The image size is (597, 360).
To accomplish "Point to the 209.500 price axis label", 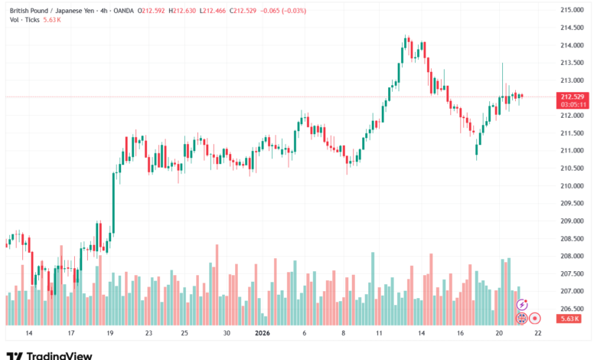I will point(572,203).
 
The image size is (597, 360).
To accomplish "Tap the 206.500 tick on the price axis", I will point(572,309).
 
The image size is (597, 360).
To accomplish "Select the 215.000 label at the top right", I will point(572,10).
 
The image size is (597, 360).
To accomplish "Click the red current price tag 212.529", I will point(573,97).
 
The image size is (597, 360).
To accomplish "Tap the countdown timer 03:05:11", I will point(573,104).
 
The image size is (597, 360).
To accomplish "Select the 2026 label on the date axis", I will point(263,333).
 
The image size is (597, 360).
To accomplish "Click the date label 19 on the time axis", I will point(109,333).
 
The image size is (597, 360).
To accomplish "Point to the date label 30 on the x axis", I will point(227,333).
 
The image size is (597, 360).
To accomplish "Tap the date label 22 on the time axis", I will point(538,333).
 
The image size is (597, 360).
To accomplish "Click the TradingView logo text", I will point(59,355).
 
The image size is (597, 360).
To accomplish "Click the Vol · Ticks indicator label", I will point(24,21).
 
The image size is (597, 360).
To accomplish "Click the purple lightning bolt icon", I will point(522,305).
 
